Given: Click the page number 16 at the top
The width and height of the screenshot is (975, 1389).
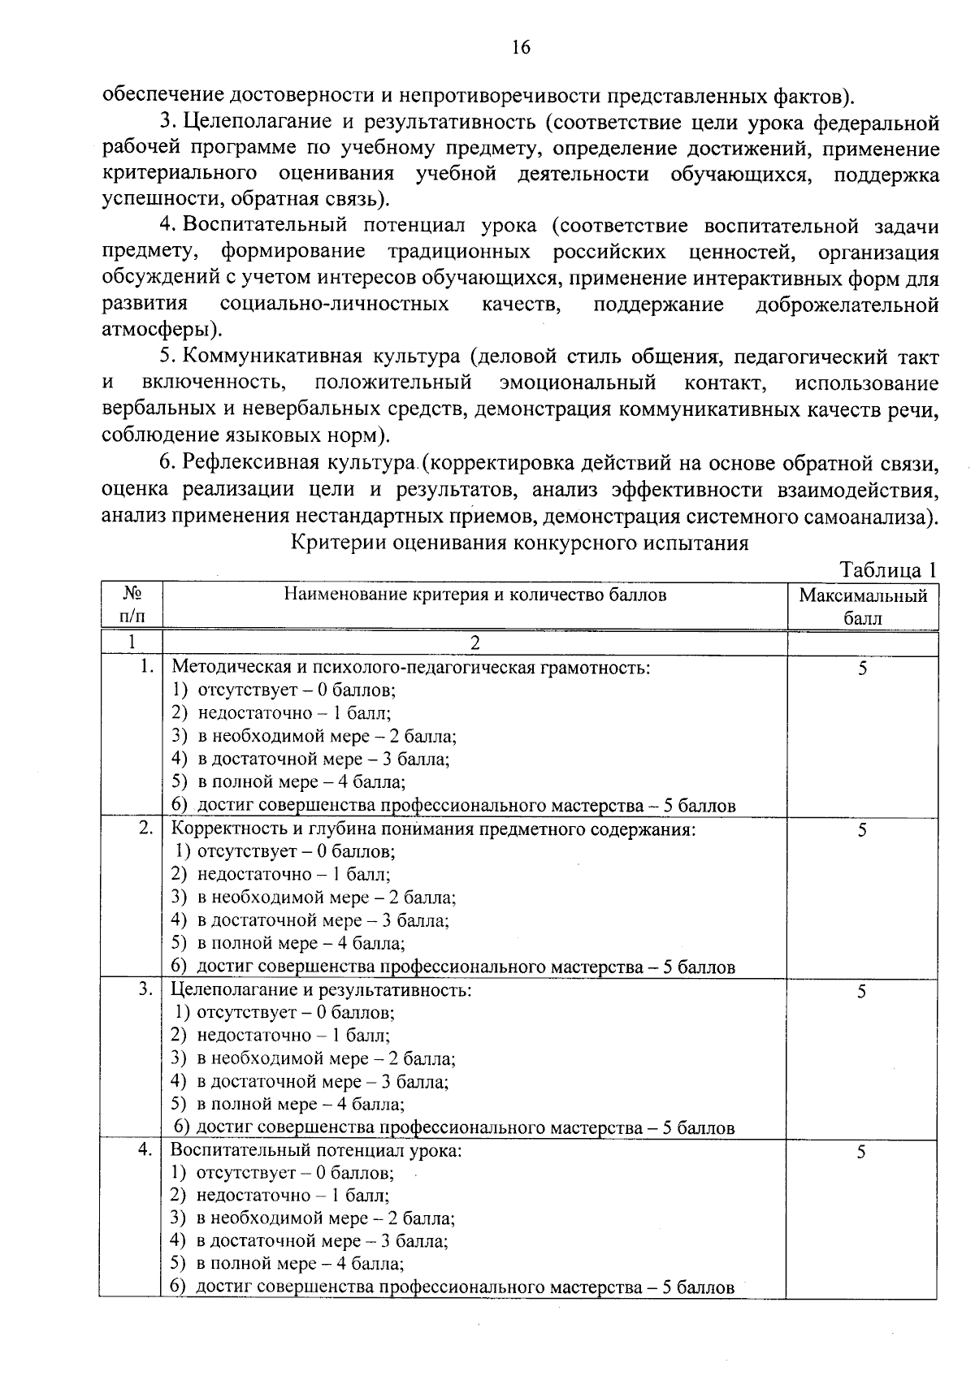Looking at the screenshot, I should (521, 47).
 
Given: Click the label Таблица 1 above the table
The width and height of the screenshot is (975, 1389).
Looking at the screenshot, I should (887, 570).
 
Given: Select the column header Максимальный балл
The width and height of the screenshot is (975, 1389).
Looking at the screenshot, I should (863, 607).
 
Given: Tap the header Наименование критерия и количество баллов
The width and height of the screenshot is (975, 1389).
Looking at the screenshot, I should (475, 595).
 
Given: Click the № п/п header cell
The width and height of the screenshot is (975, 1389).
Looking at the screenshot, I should (131, 605).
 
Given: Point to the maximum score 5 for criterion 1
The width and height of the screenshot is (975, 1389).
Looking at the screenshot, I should (862, 669).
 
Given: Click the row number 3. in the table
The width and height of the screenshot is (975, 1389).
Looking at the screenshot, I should (145, 990).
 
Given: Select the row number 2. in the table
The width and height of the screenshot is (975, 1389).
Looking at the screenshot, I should (145, 829).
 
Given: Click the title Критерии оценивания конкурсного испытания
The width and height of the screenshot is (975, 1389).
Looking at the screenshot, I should (520, 543).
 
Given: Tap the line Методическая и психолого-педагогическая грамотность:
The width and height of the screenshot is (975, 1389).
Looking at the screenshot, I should (411, 668).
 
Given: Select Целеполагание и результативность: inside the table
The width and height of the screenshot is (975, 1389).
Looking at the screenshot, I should (322, 990).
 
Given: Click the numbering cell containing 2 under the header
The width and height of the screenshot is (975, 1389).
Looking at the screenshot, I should (475, 643).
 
